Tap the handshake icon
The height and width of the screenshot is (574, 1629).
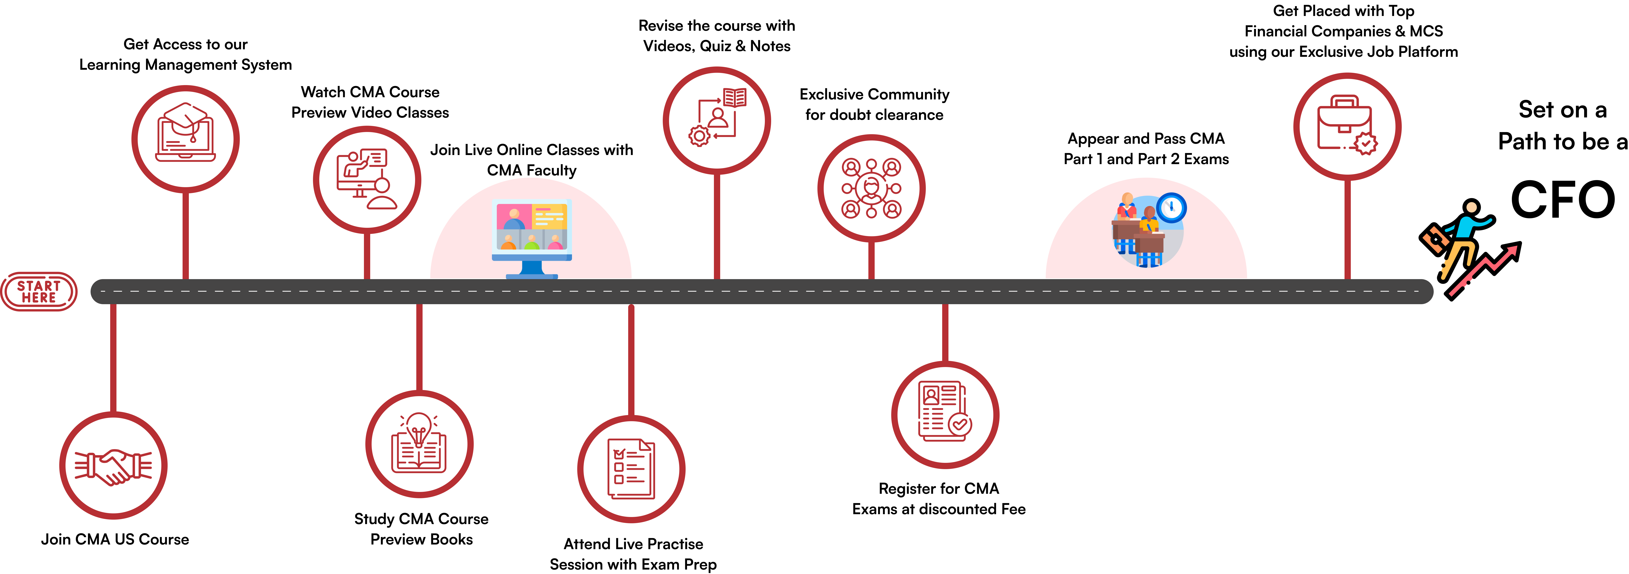(x=113, y=466)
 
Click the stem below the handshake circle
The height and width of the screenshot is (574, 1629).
(x=113, y=357)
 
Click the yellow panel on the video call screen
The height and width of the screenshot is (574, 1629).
(x=549, y=216)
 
